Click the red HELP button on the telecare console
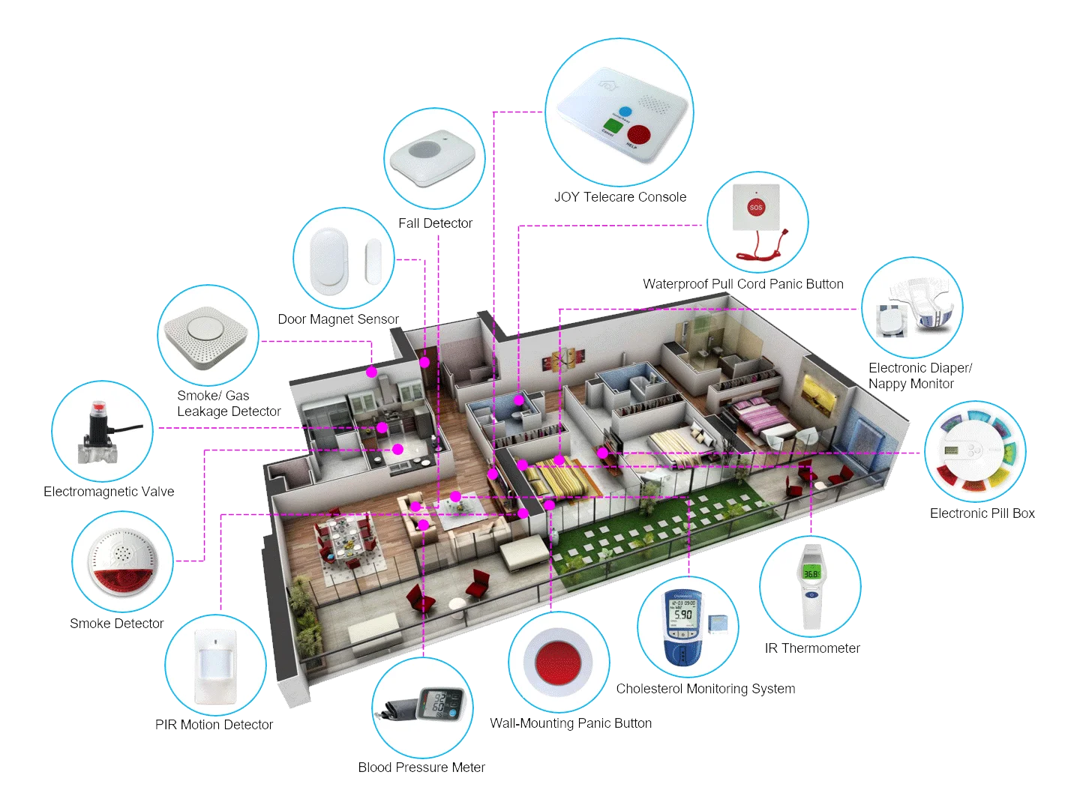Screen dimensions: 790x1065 point(639,135)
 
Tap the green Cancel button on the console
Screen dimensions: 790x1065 point(611,124)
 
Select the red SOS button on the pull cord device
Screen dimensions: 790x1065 point(756,206)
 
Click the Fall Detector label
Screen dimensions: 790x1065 point(436,223)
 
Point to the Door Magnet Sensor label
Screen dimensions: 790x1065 point(338,319)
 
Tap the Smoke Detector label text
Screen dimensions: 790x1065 point(116,624)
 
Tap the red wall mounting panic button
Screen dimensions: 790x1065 point(559,659)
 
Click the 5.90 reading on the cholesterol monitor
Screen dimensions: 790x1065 point(682,614)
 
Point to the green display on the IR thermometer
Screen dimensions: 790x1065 point(811,573)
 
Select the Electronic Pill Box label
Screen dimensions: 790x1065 point(982,513)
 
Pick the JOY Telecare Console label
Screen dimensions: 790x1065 point(619,197)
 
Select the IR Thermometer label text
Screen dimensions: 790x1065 point(811,648)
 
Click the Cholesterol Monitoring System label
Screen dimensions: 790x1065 point(705,689)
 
